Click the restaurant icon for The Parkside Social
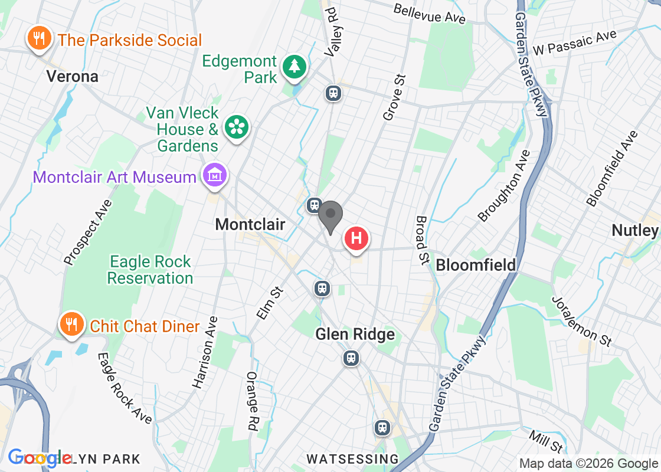[39, 40]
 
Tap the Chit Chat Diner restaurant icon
[71, 324]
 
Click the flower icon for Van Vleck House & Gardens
[236, 127]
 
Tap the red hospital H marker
[356, 239]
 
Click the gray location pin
[330, 216]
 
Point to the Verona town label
[73, 76]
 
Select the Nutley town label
[634, 230]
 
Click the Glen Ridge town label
[355, 335]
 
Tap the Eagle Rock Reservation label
[150, 270]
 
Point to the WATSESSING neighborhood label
[353, 458]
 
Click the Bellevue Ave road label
[429, 14]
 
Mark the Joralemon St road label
[581, 320]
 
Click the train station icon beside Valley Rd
[333, 93]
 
